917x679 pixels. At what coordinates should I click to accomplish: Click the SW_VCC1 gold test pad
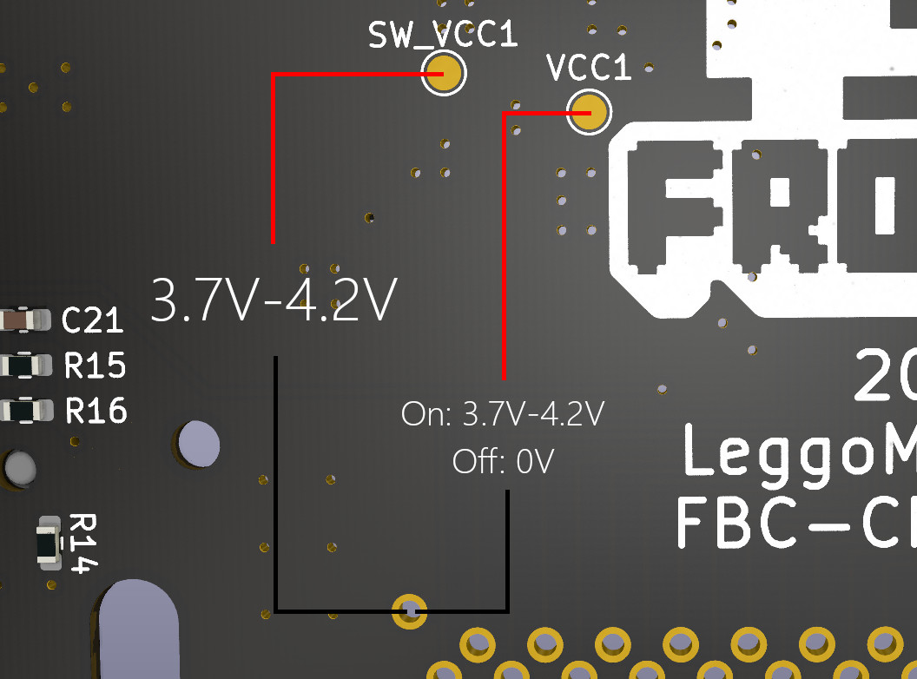pyautogui.click(x=444, y=73)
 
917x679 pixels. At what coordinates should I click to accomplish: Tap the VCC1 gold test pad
pyautogui.click(x=589, y=113)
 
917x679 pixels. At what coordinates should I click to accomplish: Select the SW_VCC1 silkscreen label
pyautogui.click(x=443, y=35)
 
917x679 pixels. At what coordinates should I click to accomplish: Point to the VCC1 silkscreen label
pyautogui.click(x=589, y=69)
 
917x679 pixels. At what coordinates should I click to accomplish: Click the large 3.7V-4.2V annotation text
pyautogui.click(x=274, y=300)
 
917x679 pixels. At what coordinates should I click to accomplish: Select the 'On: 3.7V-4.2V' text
pyautogui.click(x=503, y=414)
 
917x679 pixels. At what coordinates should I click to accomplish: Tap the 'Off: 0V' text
pyautogui.click(x=503, y=462)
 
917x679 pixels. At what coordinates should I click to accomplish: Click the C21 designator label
pyautogui.click(x=93, y=321)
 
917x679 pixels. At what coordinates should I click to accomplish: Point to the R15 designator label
pyautogui.click(x=96, y=366)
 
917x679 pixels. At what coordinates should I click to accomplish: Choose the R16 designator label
pyautogui.click(x=96, y=410)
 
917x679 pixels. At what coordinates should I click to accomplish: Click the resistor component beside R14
pyautogui.click(x=49, y=544)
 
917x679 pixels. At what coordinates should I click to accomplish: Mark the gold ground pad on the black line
pyautogui.click(x=409, y=611)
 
